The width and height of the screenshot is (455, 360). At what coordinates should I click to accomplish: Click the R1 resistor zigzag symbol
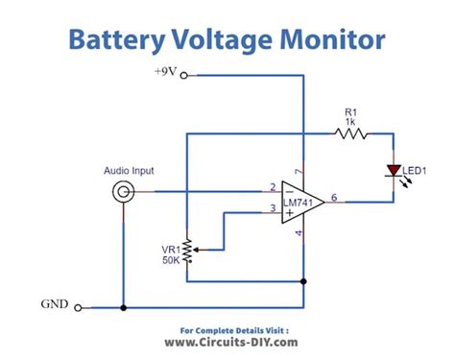pos(350,133)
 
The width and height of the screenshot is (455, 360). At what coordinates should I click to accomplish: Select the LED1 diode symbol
pos(394,170)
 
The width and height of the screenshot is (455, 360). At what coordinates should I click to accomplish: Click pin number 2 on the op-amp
pos(273,186)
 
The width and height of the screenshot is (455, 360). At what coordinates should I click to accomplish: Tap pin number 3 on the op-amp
pos(273,208)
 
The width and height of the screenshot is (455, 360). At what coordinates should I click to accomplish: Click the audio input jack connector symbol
pos(122,192)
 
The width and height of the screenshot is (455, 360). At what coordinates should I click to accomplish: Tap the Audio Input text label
pos(129,171)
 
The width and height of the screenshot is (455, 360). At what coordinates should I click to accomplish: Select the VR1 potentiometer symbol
pos(186,252)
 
